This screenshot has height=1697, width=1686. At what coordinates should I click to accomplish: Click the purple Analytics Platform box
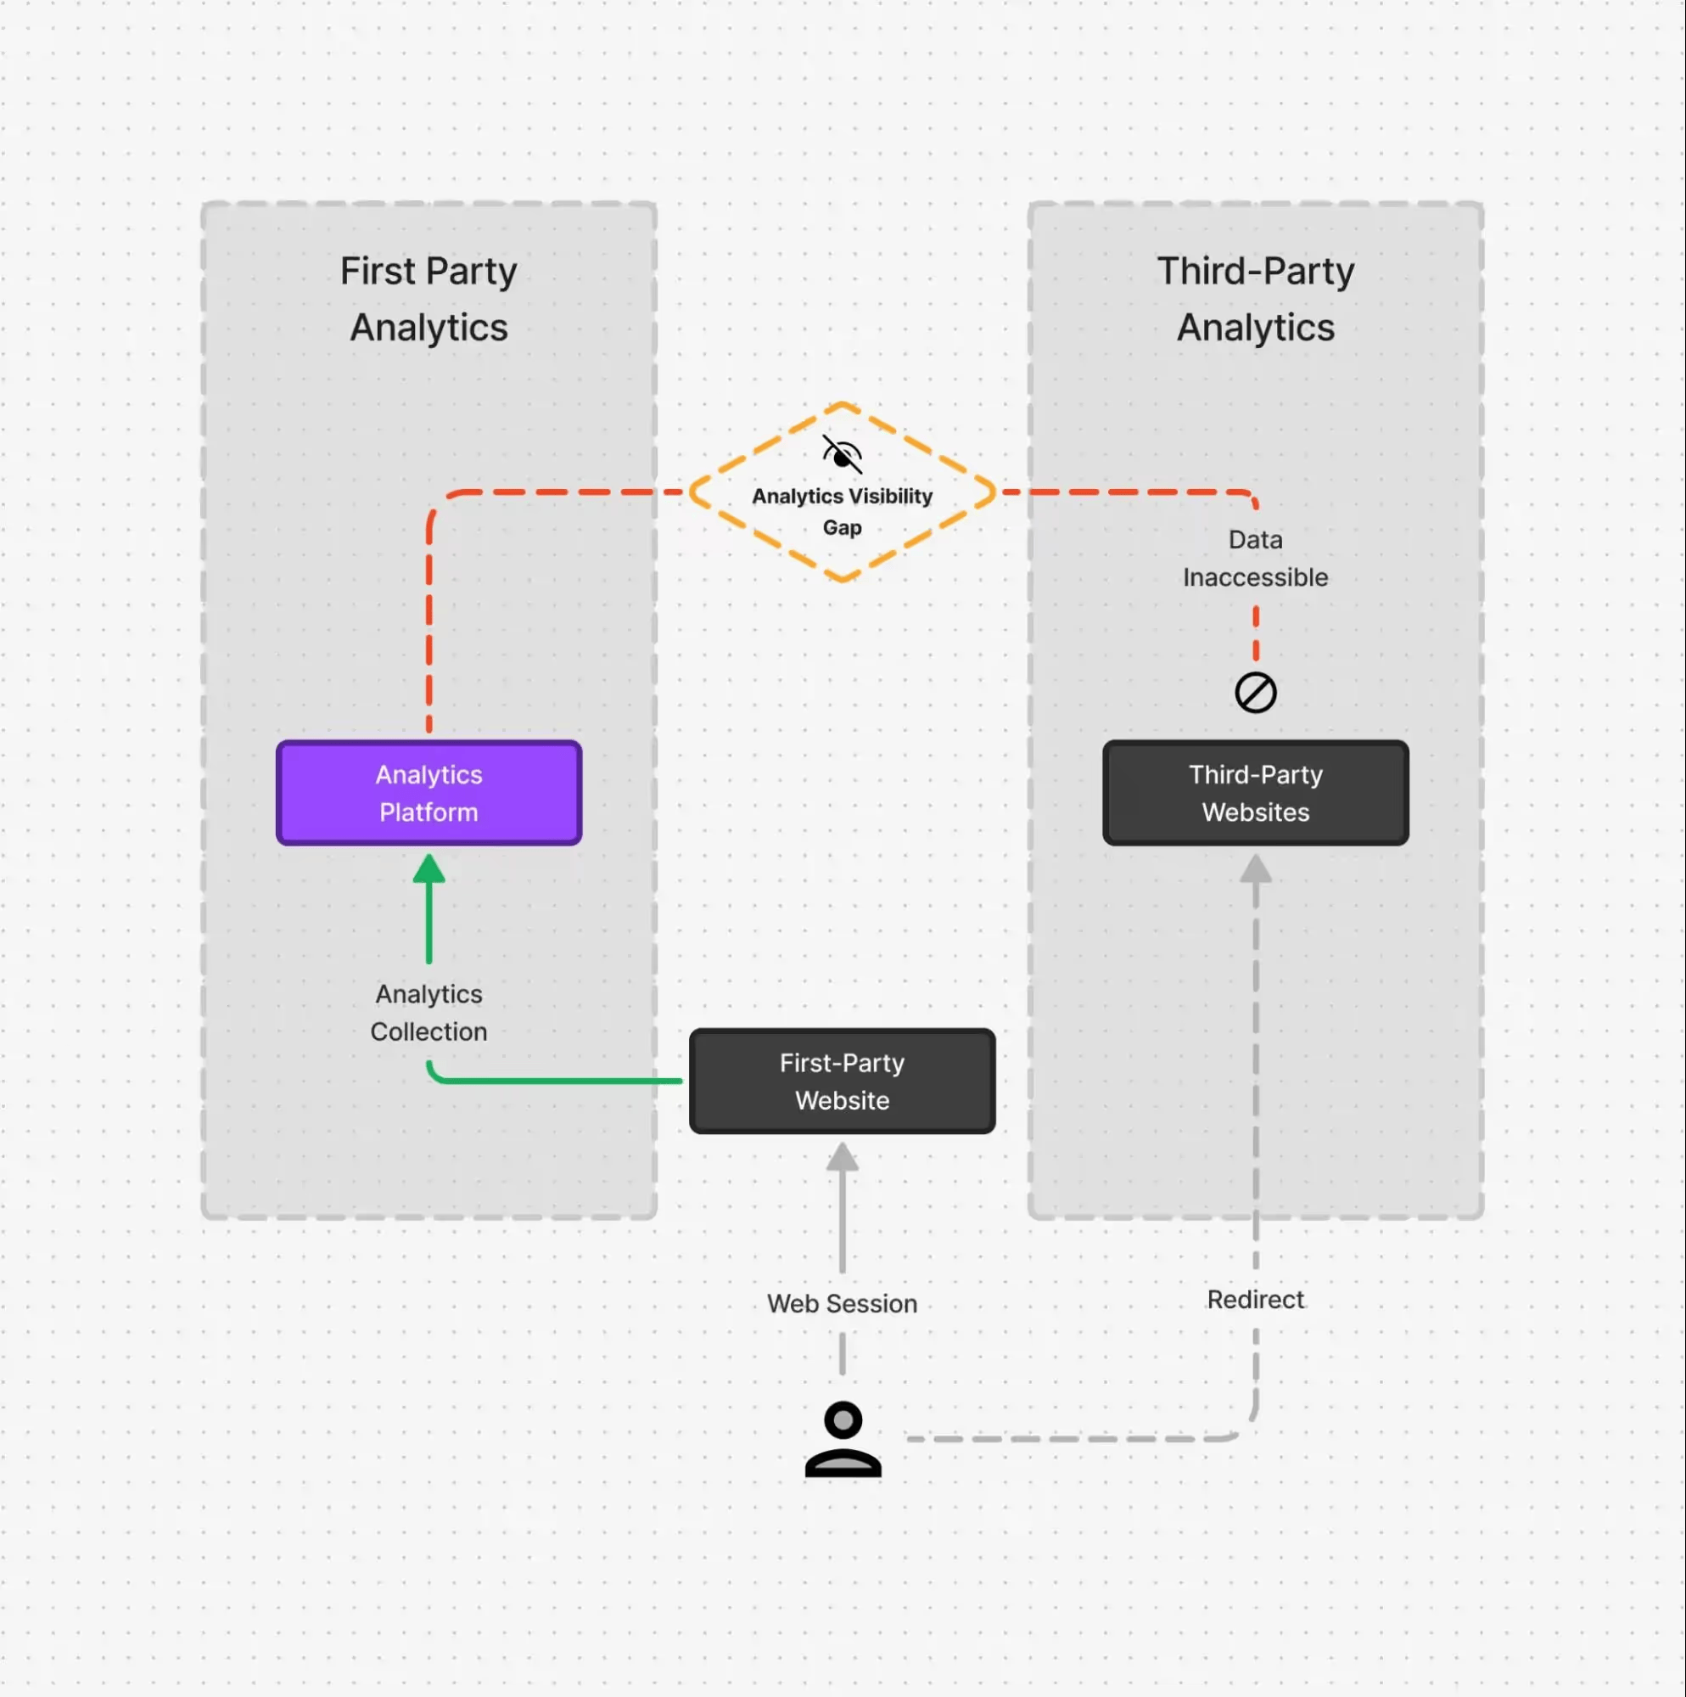(x=429, y=793)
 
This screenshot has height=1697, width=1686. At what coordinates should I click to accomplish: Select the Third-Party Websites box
(x=1255, y=793)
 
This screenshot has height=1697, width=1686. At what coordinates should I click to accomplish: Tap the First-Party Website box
(x=841, y=1082)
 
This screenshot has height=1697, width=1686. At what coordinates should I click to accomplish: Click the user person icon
(x=842, y=1440)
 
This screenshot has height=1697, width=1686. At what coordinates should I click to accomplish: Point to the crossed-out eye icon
(x=841, y=454)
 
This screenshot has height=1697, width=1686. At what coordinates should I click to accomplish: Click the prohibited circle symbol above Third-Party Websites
(x=1255, y=693)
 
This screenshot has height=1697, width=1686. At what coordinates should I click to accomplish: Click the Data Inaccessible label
(x=1255, y=559)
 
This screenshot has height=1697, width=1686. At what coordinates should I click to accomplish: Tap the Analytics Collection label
(x=429, y=1013)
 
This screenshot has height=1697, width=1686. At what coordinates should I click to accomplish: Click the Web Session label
(x=841, y=1303)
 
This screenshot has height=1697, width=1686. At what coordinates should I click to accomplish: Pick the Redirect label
(x=1255, y=1299)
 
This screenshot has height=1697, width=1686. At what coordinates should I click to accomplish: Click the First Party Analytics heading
(x=429, y=299)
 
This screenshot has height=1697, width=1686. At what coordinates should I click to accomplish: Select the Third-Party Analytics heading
(x=1255, y=299)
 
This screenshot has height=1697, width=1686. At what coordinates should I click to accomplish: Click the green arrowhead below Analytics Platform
(x=429, y=869)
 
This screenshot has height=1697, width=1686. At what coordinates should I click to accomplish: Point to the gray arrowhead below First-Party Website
(x=841, y=1157)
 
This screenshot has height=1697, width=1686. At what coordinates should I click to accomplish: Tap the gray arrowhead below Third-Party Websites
(x=1255, y=869)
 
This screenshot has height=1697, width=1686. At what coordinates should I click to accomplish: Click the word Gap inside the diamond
(x=841, y=527)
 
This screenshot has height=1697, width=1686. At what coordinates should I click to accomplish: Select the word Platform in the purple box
(x=429, y=812)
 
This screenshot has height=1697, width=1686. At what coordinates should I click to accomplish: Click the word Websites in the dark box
(x=1255, y=812)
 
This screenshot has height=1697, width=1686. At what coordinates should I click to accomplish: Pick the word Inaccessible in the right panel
(x=1255, y=577)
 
